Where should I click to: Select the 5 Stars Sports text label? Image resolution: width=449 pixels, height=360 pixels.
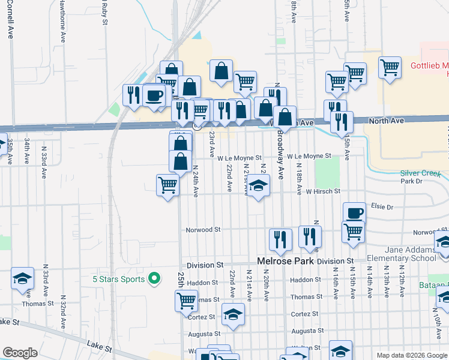tap(118, 279)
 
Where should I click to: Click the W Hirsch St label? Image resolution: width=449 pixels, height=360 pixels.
tap(323, 191)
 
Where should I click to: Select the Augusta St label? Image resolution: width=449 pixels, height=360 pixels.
tap(307, 331)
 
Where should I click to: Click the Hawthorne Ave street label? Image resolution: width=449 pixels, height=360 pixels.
tap(62, 20)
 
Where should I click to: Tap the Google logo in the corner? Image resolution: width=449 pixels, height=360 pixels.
tap(20, 352)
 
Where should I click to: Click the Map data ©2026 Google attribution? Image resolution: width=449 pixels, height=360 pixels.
tap(412, 355)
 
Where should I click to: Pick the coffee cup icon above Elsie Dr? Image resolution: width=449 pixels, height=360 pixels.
tap(354, 212)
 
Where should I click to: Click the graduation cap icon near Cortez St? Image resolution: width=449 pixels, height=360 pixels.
tap(233, 314)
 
